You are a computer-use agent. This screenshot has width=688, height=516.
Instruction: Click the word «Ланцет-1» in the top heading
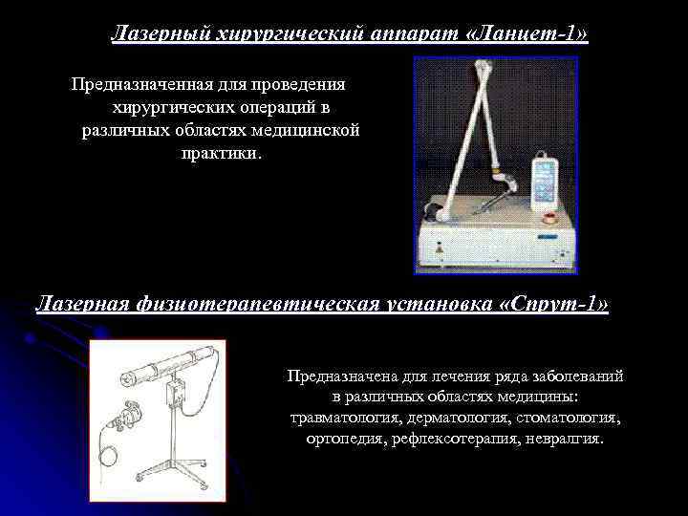click(526, 33)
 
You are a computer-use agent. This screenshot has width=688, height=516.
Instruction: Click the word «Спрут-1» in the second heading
click(554, 303)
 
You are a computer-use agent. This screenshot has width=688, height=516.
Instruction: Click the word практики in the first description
click(222, 153)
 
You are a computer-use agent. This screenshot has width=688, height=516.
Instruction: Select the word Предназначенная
click(142, 84)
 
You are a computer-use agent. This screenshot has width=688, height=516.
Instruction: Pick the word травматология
click(347, 418)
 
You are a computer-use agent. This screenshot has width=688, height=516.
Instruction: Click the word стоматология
click(569, 418)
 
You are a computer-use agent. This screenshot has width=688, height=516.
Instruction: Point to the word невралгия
click(565, 439)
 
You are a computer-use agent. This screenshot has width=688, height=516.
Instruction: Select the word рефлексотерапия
click(455, 439)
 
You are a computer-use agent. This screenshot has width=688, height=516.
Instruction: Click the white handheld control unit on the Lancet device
click(545, 181)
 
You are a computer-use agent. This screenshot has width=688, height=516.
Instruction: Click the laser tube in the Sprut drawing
click(168, 365)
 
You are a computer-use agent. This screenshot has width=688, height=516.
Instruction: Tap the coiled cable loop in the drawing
click(108, 457)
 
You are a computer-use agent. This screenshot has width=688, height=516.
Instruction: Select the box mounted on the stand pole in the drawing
click(175, 393)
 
